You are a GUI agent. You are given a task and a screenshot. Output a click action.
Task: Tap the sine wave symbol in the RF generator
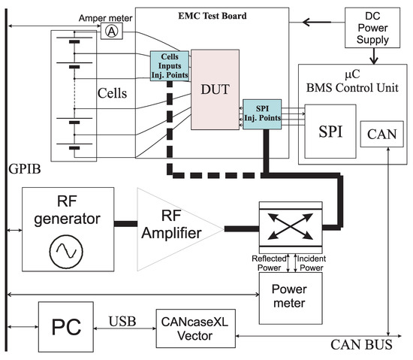click(67, 252)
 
